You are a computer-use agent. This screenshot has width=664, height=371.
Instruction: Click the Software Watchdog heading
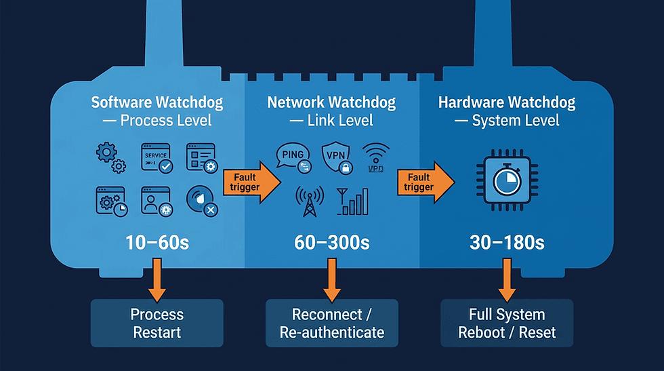(157, 111)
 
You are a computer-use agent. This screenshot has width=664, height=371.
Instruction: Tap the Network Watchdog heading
(331, 111)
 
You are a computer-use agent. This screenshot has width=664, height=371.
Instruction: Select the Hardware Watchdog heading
(507, 111)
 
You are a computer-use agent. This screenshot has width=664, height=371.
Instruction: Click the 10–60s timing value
(157, 243)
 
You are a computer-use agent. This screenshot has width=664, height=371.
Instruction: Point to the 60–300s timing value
(331, 243)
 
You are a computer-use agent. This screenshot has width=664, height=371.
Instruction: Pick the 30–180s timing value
(507, 243)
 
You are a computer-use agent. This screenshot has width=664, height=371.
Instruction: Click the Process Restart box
(157, 323)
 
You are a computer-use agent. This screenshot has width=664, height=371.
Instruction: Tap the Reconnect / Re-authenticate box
(332, 323)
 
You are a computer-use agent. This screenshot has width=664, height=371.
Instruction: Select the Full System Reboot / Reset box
(507, 323)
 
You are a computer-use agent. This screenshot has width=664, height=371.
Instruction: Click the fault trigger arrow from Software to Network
(252, 182)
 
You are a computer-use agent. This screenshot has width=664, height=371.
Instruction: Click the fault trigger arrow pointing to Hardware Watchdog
(426, 182)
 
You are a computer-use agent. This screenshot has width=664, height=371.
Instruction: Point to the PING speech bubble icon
(294, 157)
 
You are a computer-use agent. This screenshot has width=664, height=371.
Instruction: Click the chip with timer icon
(507, 180)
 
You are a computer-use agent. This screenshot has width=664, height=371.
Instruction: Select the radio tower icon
(310, 201)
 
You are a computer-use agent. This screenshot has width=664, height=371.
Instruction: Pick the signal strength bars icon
(353, 201)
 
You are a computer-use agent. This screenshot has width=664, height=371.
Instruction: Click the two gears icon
(111, 157)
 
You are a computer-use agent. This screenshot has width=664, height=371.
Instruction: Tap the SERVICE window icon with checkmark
(157, 157)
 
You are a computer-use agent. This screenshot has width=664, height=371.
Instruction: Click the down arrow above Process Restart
(157, 280)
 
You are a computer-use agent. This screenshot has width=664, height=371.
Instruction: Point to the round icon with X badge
(202, 201)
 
